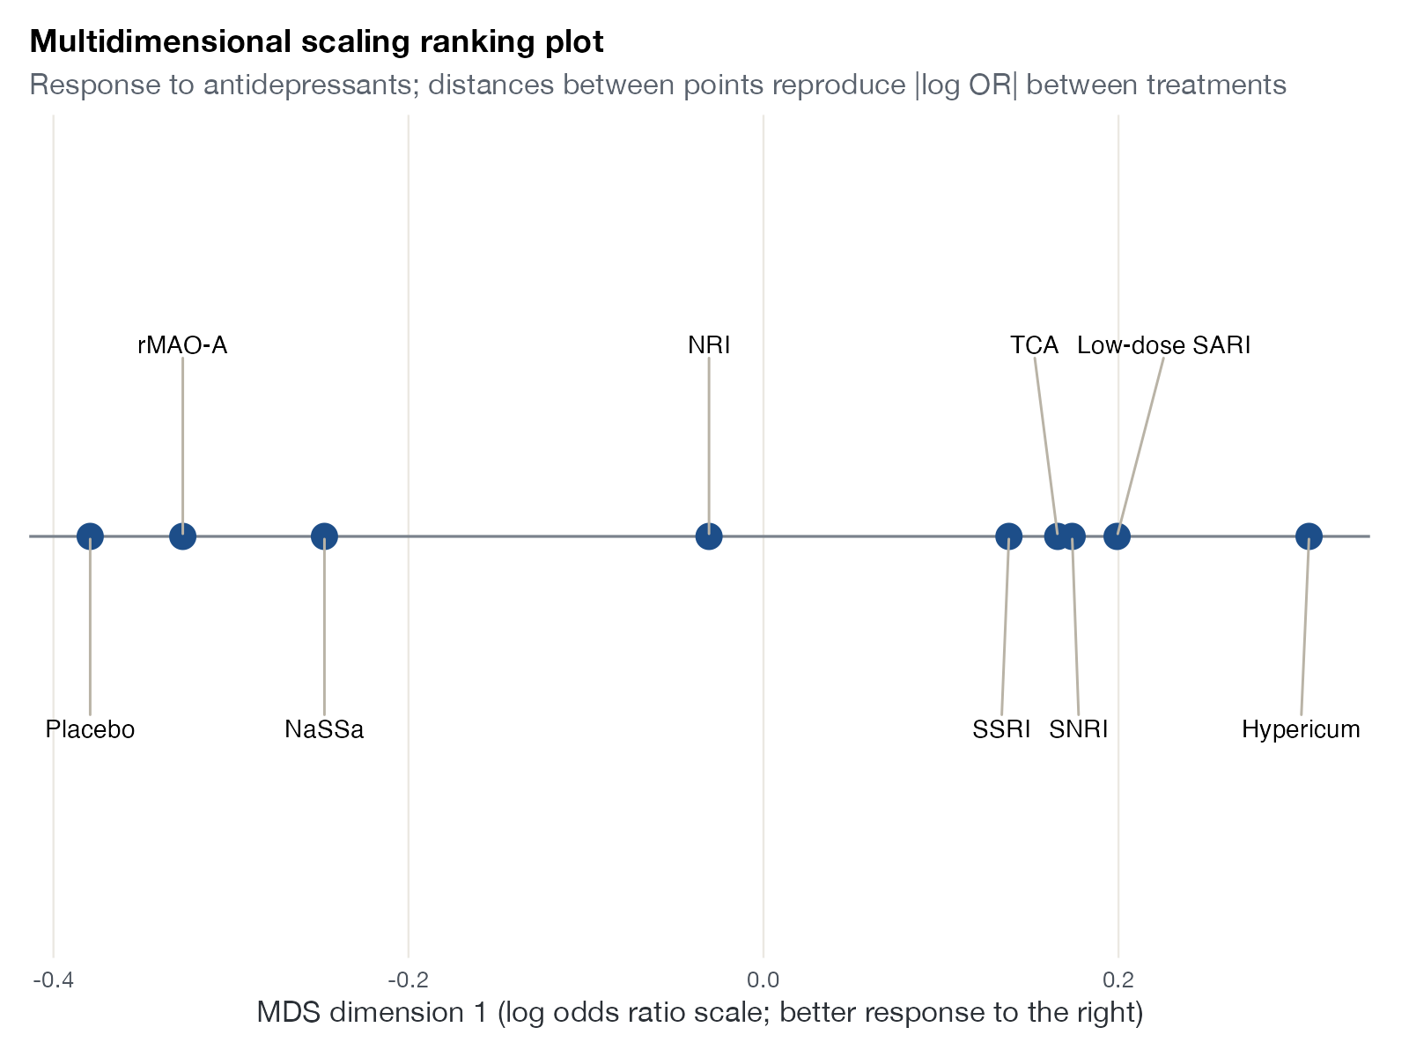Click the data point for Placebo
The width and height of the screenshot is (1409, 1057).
[90, 536]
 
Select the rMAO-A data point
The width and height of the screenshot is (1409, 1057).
[182, 536]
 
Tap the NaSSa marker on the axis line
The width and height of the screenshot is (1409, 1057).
[324, 536]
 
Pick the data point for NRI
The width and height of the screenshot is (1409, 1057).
[709, 536]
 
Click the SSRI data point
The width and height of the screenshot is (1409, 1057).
[1008, 536]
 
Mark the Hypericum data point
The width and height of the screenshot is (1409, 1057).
[1309, 536]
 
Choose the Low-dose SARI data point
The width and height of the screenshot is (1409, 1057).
[1117, 536]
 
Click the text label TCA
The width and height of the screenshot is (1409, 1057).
[1034, 345]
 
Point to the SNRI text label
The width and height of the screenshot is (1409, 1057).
[1079, 729]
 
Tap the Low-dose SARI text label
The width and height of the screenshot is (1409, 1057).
[1164, 345]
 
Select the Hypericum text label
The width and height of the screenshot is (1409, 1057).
[1302, 729]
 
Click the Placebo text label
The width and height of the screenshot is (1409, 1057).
[90, 729]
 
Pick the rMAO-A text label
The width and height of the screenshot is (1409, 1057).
[182, 345]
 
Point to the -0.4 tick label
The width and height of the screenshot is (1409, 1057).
[54, 979]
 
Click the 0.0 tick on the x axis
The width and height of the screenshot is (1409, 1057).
[764, 979]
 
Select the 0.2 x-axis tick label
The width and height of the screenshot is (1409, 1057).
[1118, 979]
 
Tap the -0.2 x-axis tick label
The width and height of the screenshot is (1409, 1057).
[409, 979]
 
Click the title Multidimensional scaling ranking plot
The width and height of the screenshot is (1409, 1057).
[316, 41]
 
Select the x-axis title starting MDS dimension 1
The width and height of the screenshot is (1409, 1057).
[700, 1013]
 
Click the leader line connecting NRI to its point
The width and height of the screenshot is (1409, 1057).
[709, 446]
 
